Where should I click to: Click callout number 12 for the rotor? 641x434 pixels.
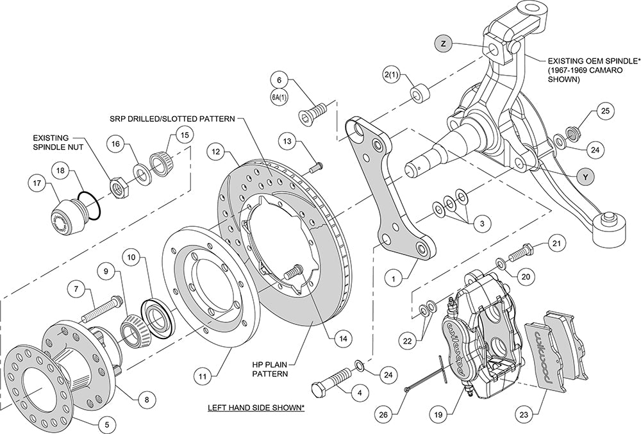point(214,152)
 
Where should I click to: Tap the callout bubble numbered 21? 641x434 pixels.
point(556,243)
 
